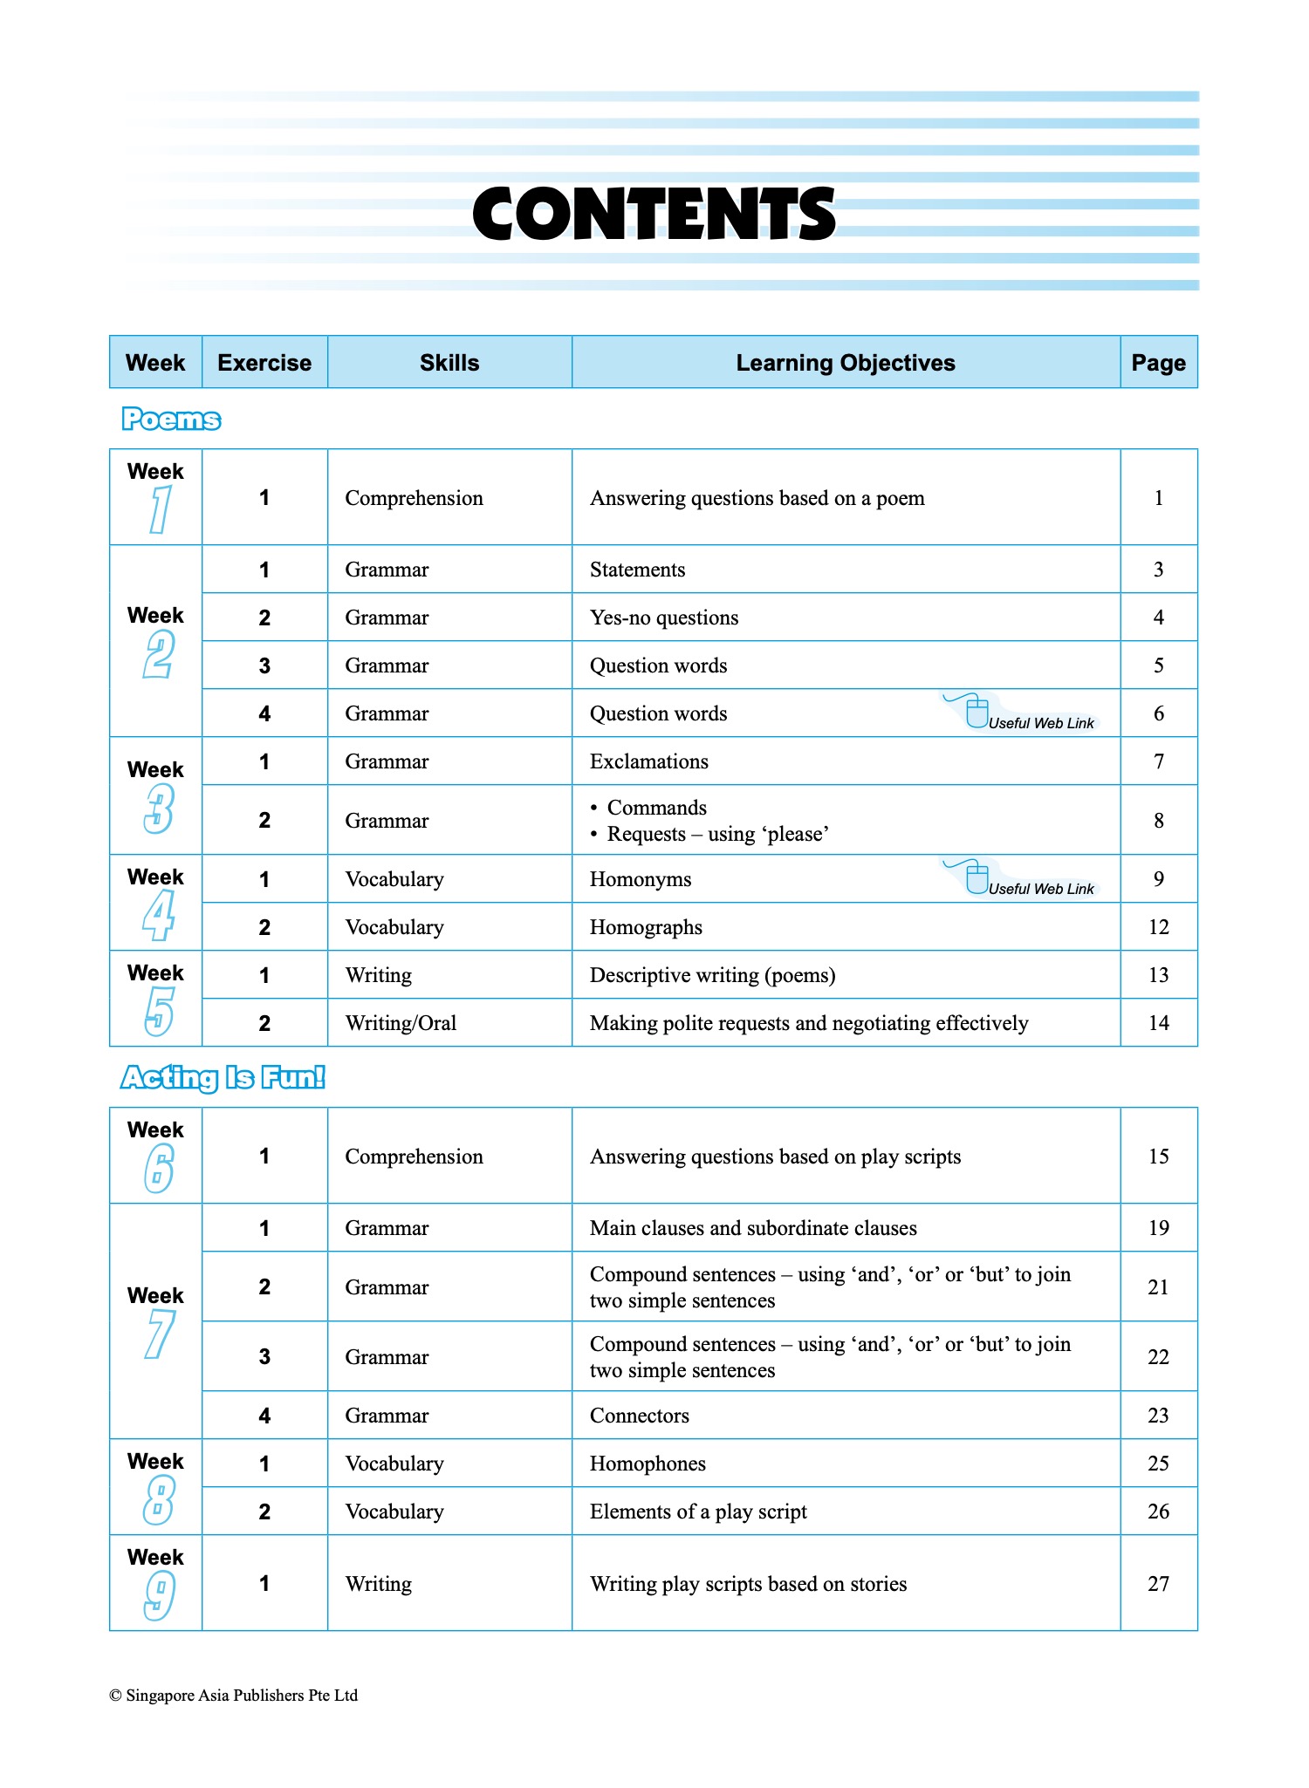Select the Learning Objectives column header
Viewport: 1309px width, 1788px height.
[x=845, y=363]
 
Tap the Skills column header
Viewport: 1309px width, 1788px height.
[x=449, y=363]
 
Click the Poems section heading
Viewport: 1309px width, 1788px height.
[x=171, y=420]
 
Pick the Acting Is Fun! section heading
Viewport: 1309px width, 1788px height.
[x=223, y=1078]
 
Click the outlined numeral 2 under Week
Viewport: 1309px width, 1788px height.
[x=158, y=655]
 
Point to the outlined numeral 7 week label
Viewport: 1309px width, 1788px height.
[x=158, y=1335]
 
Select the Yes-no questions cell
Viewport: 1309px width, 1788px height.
[x=663, y=618]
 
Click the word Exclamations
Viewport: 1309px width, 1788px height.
[x=648, y=761]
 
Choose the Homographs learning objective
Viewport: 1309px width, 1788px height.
[x=646, y=927]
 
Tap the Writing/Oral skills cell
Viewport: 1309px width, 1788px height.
[x=401, y=1023]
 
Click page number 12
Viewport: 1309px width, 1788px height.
[x=1158, y=927]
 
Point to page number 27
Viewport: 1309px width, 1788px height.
[x=1158, y=1584]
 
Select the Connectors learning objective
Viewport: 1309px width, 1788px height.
[x=639, y=1416]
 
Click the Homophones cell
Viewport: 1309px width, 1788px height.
[x=648, y=1464]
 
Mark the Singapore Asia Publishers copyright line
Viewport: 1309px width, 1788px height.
[x=233, y=1696]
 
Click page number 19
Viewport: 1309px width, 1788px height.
[x=1158, y=1228]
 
